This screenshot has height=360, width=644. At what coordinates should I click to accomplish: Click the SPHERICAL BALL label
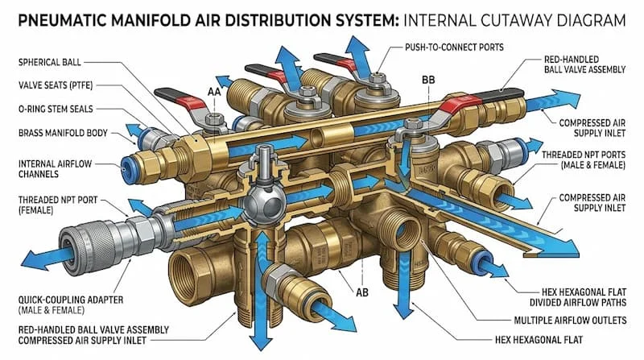click(50, 63)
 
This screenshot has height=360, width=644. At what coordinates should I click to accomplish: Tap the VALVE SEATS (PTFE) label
click(56, 85)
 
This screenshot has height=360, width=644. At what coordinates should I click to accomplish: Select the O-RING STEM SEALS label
click(56, 109)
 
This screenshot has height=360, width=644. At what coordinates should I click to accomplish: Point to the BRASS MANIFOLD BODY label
click(63, 133)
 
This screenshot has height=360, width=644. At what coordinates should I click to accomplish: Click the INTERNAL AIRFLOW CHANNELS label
click(55, 169)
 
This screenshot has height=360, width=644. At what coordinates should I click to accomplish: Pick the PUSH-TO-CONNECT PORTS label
click(454, 48)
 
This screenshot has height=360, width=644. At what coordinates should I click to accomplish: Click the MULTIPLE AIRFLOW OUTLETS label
click(570, 321)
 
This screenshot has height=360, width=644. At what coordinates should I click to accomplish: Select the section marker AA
click(214, 92)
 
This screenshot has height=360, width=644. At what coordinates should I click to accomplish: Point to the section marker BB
click(428, 80)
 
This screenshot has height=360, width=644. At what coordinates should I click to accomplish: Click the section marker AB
click(361, 292)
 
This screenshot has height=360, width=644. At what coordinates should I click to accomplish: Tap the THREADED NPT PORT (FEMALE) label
click(58, 205)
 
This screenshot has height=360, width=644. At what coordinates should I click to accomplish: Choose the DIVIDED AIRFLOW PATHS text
click(577, 303)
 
